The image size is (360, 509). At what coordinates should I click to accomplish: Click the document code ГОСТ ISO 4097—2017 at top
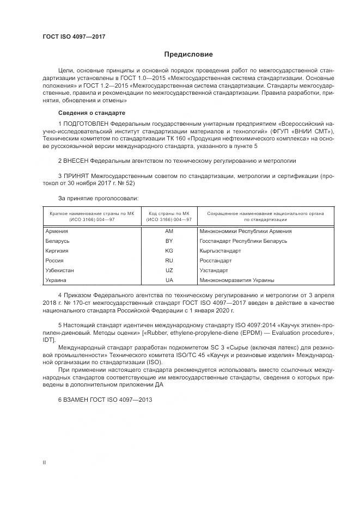74,37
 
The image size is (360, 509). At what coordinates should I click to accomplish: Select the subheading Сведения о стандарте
91,112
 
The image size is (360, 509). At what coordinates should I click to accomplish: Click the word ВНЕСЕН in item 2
76,161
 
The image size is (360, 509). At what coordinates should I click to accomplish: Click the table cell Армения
57,231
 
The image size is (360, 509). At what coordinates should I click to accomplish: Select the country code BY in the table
169,241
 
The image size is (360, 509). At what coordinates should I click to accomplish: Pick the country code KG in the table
169,250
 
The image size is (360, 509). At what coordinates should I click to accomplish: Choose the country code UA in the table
169,280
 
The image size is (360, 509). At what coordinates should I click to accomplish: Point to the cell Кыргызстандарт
221,250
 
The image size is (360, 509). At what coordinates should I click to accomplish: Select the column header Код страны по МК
169,213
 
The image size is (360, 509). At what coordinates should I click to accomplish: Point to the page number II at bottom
44,462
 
